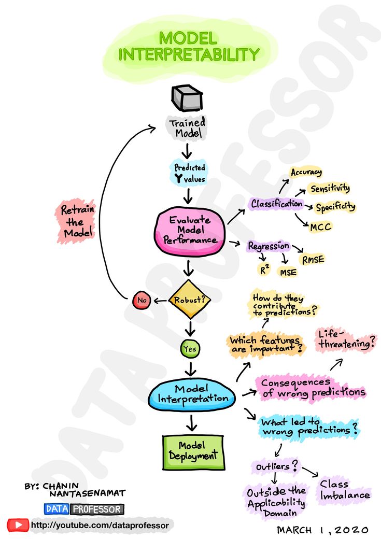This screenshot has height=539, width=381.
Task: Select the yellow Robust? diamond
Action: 190,299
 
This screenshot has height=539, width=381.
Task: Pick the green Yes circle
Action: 190,349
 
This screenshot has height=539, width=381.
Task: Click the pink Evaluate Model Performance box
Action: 190,230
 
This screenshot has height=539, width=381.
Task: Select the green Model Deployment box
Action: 193,450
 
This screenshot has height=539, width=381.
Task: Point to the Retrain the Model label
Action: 77,222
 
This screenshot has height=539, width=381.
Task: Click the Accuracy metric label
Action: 306,173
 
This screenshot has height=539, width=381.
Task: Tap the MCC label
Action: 320,226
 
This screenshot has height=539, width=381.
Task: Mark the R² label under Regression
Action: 264,269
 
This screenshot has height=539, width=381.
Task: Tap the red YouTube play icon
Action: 18,525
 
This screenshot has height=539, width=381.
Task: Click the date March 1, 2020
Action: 322,530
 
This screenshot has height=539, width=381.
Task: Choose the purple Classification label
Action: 276,204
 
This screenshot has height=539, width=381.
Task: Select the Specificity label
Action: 335,207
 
